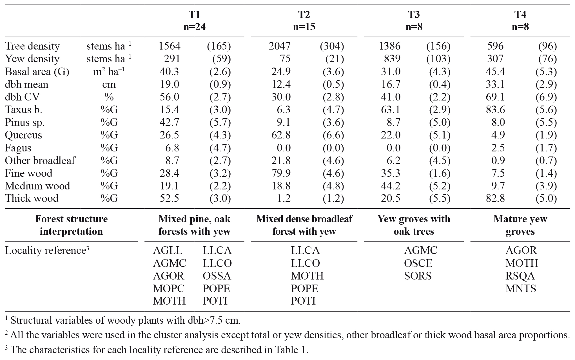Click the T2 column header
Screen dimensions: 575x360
[304, 14]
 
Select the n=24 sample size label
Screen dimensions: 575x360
[194, 27]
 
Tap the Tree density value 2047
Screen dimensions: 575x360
[279, 46]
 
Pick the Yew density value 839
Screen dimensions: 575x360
[392, 59]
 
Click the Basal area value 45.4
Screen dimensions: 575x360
[495, 71]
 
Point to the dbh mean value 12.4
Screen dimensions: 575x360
[281, 84]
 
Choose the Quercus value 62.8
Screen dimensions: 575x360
[281, 135]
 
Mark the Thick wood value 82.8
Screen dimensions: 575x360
[495, 198]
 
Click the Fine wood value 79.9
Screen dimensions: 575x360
[281, 173]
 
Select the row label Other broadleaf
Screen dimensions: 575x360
[40, 160]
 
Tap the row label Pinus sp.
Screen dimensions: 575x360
[25, 122]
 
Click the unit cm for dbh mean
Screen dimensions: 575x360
[109, 84]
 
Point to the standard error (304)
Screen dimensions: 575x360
[332, 46]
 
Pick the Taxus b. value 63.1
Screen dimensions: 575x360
[391, 109]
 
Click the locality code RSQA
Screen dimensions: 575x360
[520, 276]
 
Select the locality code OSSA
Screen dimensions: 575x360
[217, 276]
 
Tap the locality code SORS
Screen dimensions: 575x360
[418, 276]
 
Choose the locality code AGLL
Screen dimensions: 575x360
[168, 250]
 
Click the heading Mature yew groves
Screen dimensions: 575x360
[520, 225]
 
